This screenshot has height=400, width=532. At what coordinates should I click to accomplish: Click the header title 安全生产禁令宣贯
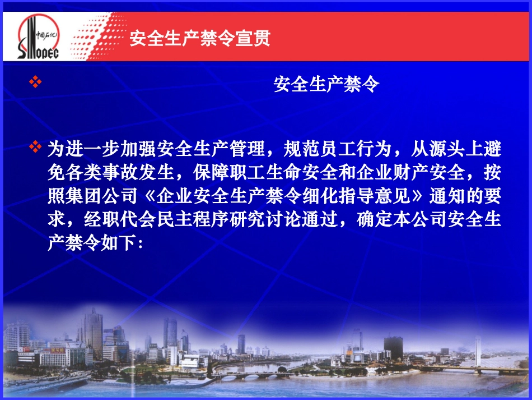click(200, 39)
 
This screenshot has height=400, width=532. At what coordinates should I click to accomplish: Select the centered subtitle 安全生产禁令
click(326, 85)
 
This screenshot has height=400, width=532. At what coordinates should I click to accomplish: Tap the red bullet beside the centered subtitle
click(35, 83)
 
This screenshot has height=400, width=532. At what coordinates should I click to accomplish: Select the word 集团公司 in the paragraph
click(108, 196)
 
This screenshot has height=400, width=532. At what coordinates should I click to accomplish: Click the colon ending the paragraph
click(139, 243)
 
